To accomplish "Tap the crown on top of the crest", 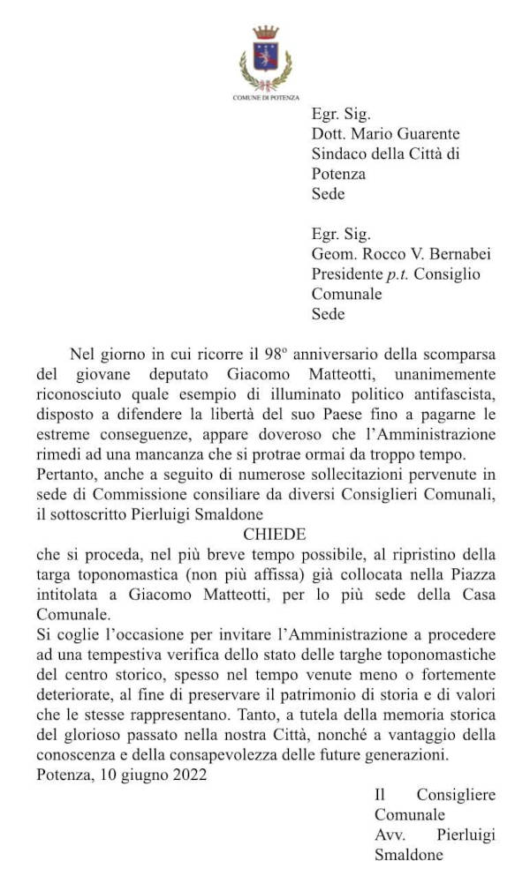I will [x=265, y=33].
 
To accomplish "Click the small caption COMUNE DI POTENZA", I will [x=265, y=97].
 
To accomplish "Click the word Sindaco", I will [x=338, y=153].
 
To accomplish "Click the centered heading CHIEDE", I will [x=274, y=535].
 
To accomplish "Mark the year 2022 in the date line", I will [x=189, y=776].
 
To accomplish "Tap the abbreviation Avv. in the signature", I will [x=390, y=835].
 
